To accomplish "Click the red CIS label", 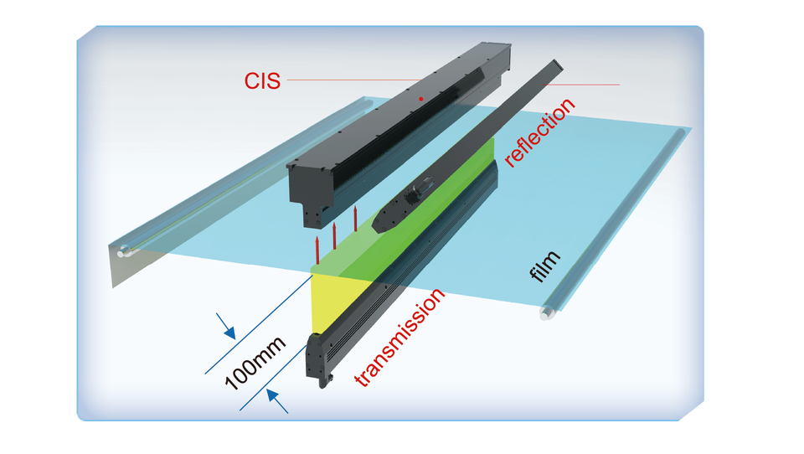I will (262, 80).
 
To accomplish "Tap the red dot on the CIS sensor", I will (421, 99).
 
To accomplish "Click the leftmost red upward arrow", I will (318, 247).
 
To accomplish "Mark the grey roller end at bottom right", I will (547, 315).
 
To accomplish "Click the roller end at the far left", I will (125, 250).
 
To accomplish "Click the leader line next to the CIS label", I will (352, 81).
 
